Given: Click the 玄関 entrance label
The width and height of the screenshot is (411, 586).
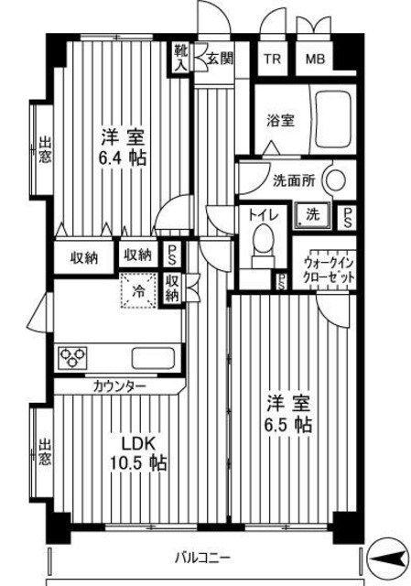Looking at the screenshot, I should point(220,59).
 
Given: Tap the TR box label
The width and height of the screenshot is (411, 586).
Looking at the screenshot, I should point(272,60).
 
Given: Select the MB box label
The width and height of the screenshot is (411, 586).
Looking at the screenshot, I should point(314,60).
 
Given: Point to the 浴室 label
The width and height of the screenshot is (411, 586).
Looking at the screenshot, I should point(280,120).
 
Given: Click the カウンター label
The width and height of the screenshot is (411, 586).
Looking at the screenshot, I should point(119,386).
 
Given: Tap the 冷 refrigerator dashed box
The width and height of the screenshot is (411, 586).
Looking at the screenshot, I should point(137,291).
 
